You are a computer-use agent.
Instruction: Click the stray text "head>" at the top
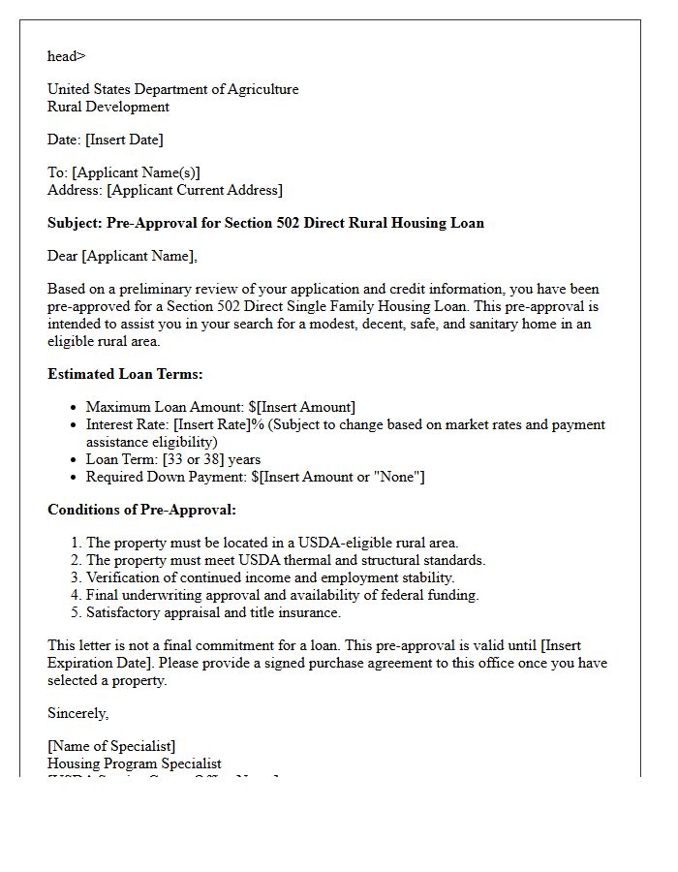coord(66,56)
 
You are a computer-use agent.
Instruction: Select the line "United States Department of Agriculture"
coord(172,89)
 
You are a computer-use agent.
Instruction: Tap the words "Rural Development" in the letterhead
coord(108,107)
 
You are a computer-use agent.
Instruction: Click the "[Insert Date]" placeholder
coord(124,140)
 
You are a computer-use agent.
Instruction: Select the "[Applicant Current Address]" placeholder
coord(195,190)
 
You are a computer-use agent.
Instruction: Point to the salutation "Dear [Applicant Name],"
coord(122,256)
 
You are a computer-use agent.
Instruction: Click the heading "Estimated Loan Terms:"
coord(125,374)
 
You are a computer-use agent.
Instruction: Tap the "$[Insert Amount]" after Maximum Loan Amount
coord(303,407)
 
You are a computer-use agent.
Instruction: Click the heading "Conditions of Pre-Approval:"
coord(141,510)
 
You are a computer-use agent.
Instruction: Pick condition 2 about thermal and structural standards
coord(286,560)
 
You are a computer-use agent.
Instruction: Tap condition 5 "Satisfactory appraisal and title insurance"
coord(213,612)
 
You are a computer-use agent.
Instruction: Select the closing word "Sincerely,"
coord(78,713)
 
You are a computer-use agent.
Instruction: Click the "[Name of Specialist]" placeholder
coord(111,746)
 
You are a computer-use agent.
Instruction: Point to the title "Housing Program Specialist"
coord(135,763)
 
